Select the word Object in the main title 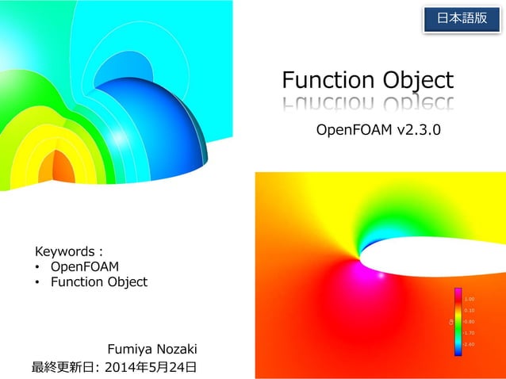(x=412, y=81)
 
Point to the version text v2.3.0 (x=412, y=129)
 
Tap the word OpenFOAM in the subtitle (x=349, y=129)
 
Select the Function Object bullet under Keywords (x=99, y=281)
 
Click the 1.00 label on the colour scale (x=470, y=298)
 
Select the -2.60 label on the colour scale (x=470, y=345)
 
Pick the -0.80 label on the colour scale (x=470, y=322)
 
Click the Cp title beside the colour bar (x=450, y=322)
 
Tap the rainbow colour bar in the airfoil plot (x=458, y=322)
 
